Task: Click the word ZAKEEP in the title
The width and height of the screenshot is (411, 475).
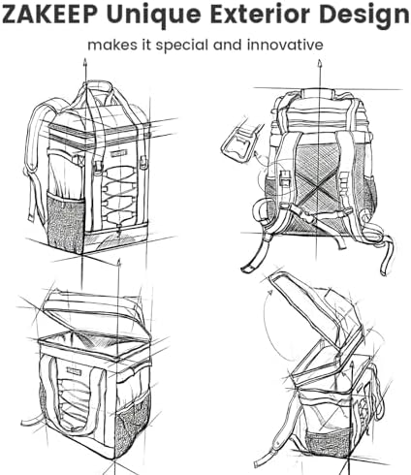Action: (50, 15)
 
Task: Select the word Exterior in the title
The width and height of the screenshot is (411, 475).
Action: (263, 15)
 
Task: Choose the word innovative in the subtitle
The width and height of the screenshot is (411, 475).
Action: (285, 45)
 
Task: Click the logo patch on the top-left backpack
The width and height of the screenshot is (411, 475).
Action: (118, 155)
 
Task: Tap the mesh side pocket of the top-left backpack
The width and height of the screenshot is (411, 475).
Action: (65, 221)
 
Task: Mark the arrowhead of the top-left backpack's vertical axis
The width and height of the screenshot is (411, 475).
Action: (85, 61)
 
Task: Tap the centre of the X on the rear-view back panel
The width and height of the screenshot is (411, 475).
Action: (318, 187)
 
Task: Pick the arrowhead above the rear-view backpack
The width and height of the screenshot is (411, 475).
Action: (320, 62)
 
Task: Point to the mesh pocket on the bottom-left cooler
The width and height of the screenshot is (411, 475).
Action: (132, 425)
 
